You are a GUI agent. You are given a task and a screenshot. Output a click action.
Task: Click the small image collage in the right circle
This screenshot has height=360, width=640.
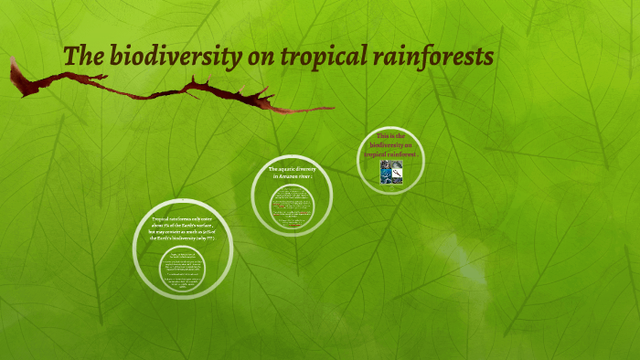(x=391, y=173)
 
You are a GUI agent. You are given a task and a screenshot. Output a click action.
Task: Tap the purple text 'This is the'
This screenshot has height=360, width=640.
(x=390, y=135)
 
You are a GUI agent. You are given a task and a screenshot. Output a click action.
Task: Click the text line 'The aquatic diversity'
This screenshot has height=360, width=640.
(x=292, y=170)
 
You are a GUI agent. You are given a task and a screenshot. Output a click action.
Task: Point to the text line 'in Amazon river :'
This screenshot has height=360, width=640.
(x=292, y=177)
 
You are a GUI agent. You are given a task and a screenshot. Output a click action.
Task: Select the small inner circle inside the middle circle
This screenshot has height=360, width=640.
(x=292, y=206)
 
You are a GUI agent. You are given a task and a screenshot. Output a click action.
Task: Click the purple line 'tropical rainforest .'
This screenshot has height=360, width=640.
(x=391, y=154)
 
